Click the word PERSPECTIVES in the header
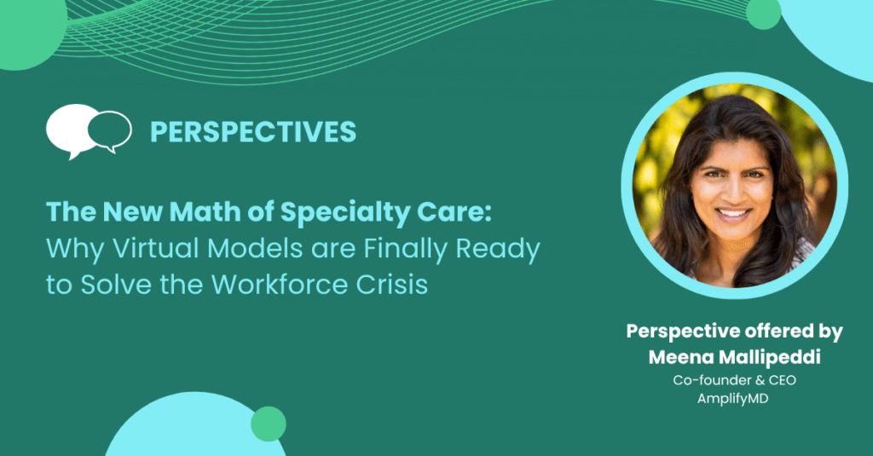point(252,132)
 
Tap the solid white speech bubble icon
point(70,130)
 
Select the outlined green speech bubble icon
point(110,131)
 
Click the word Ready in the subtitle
point(498,250)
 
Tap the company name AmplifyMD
point(732,399)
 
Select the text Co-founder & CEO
point(734,380)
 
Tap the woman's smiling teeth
point(732,213)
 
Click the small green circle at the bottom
point(269,424)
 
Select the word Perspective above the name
point(681,332)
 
